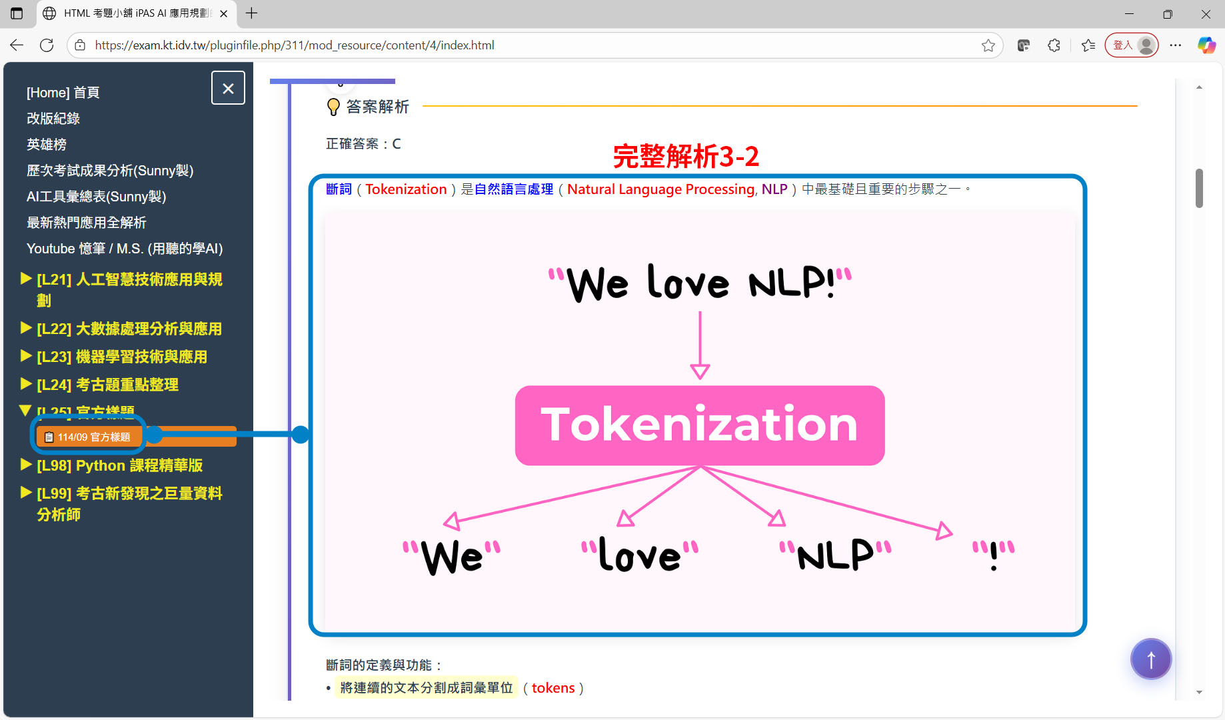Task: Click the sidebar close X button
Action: (228, 88)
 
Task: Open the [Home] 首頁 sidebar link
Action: (63, 93)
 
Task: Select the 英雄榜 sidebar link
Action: (47, 145)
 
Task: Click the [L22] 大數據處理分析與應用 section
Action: (129, 329)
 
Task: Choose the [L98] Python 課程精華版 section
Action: (119, 465)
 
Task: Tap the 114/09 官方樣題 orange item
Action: (88, 437)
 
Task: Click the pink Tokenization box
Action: (699, 425)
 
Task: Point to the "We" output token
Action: (452, 555)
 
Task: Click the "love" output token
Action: (640, 555)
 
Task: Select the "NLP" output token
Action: (836, 555)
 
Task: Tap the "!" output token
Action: (993, 555)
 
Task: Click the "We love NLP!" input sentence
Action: (700, 283)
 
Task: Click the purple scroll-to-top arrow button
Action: (1150, 659)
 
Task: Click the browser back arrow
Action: (17, 45)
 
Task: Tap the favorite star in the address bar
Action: (988, 45)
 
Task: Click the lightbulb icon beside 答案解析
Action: (333, 107)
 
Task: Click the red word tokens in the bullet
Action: (553, 688)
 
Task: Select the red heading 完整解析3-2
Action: (686, 157)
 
